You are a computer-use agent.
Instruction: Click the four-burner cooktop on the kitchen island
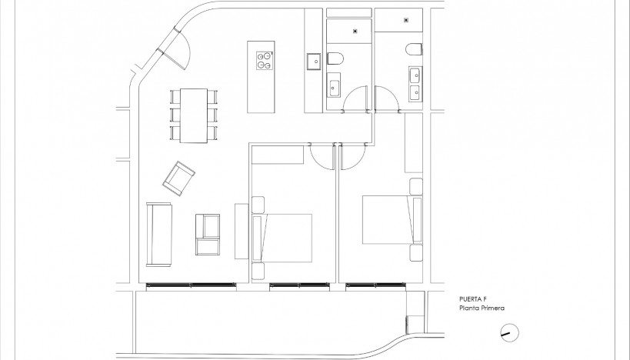pos(264,60)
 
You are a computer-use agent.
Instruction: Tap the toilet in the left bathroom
pos(335,58)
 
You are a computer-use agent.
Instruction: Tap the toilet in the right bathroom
pos(414,50)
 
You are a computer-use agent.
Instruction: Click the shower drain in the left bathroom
pos(354,31)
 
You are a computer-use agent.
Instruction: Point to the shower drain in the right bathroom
pos(405,21)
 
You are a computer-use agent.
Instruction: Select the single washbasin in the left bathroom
pos(335,86)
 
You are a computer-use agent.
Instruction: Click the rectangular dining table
pos(194,115)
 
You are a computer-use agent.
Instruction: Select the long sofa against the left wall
pos(160,233)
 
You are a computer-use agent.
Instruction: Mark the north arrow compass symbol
pos(508,332)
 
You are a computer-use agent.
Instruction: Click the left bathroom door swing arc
pos(355,98)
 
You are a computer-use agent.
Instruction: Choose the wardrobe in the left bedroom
pos(278,155)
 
